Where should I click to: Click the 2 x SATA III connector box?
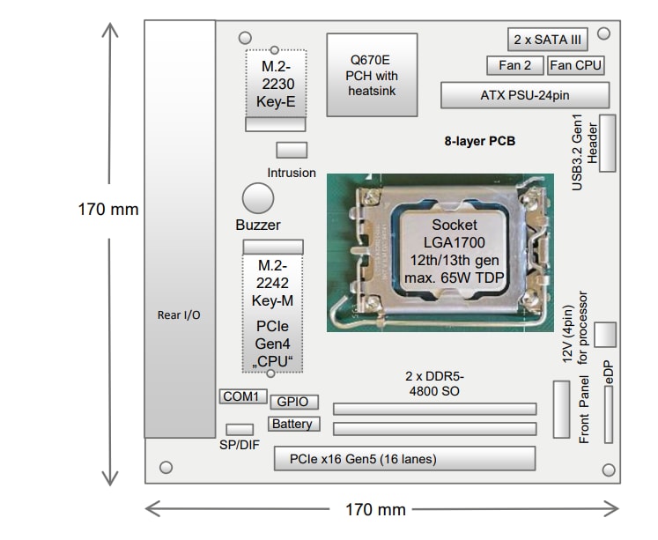tap(547, 40)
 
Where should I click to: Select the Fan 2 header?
tap(514, 65)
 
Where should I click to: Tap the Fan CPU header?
tap(576, 65)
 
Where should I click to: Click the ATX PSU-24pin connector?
tap(525, 95)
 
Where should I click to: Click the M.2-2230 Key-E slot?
tap(275, 83)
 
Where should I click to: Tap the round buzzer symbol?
tap(258, 198)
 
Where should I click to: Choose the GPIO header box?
tap(292, 402)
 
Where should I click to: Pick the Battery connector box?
tap(292, 424)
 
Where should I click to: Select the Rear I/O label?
tap(180, 315)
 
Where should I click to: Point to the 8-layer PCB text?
tap(480, 141)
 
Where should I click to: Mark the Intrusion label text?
tap(292, 173)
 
